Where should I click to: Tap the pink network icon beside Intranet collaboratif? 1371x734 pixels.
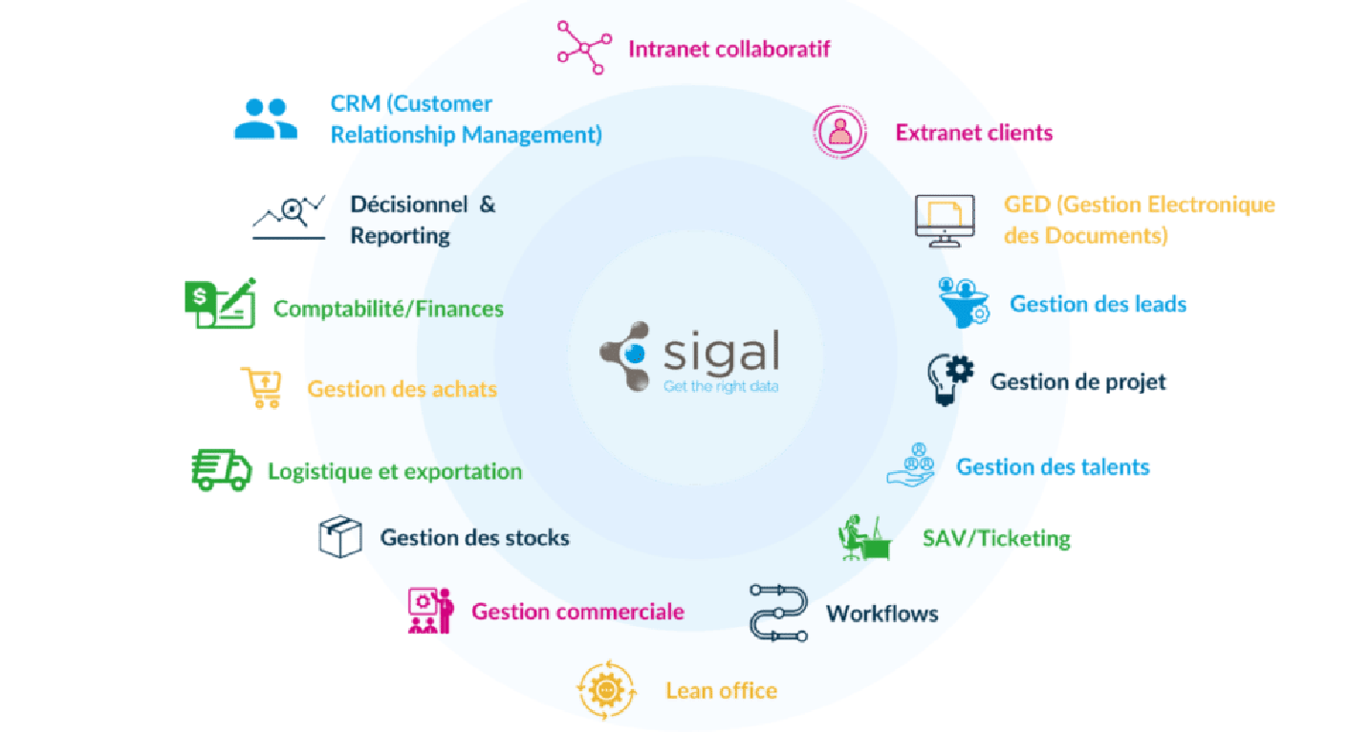point(583,47)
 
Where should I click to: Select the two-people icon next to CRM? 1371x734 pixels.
point(266,119)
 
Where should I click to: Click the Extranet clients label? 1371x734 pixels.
point(973,133)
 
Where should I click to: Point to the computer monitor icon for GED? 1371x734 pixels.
point(945,221)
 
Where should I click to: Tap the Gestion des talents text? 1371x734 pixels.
point(1053,467)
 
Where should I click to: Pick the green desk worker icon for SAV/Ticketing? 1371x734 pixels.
point(864,538)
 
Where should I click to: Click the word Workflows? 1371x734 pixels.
point(881,614)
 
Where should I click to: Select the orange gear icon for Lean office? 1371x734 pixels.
point(606,689)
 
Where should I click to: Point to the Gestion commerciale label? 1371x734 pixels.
point(577,612)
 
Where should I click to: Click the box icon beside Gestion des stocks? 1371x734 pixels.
point(339,537)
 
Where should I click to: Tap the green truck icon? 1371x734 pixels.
point(221,470)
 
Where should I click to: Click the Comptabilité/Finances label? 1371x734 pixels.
point(388,309)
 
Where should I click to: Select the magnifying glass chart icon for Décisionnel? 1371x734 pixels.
point(289,215)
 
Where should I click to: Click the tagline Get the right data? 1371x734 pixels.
point(720,386)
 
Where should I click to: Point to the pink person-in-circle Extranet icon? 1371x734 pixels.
point(840,132)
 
